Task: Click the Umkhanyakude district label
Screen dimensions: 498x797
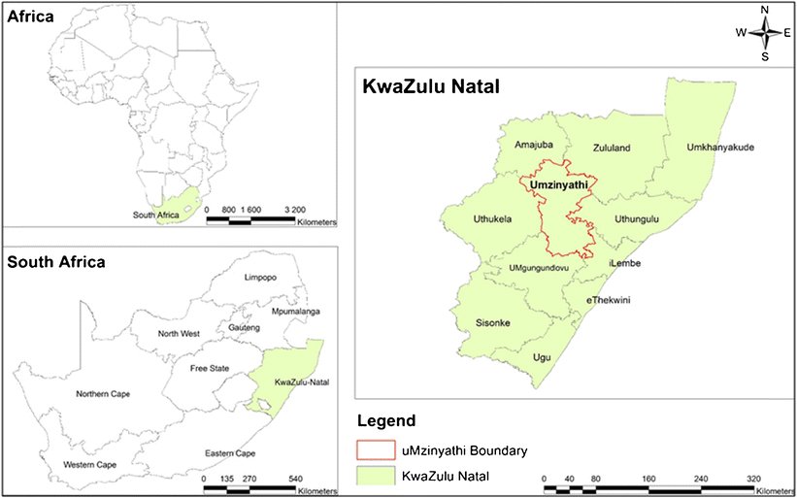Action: [720, 148]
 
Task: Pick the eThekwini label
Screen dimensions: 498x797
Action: [609, 300]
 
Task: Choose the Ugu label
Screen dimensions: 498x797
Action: [542, 358]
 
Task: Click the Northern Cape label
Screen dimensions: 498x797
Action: [103, 394]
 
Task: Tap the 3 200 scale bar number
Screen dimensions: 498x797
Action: [294, 209]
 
